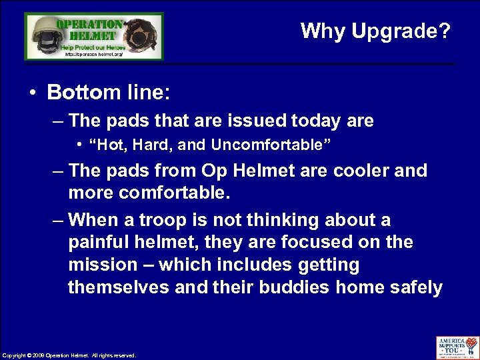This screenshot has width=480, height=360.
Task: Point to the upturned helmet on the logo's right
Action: click(142, 33)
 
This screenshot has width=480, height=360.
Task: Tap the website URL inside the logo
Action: click(94, 54)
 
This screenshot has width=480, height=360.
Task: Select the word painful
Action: click(100, 242)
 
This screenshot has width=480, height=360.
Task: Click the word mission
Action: click(102, 265)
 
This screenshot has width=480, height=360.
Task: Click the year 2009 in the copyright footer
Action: click(39, 355)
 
